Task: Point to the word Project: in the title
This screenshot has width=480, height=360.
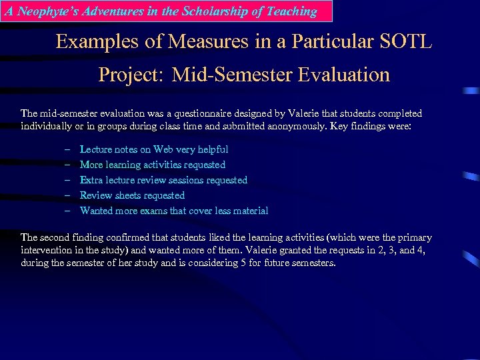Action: [130, 74]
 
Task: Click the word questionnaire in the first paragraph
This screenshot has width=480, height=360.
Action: [198, 113]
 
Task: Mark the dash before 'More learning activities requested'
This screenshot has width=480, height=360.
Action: [67, 165]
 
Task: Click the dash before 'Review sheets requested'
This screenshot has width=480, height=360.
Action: [67, 195]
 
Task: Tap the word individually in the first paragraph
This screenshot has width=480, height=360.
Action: [47, 126]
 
